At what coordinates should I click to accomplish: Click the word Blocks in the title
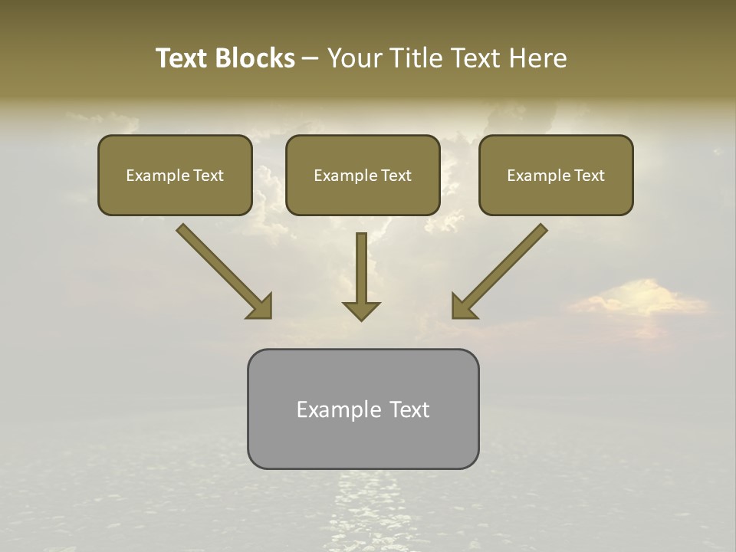coord(256,58)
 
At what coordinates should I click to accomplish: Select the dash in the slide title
coord(310,59)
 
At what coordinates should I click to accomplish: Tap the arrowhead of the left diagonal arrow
coord(259,305)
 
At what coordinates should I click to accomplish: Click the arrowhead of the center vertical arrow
coord(361,310)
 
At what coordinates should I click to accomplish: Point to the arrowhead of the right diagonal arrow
coord(465,305)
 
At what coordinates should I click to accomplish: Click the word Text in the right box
coord(590,176)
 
